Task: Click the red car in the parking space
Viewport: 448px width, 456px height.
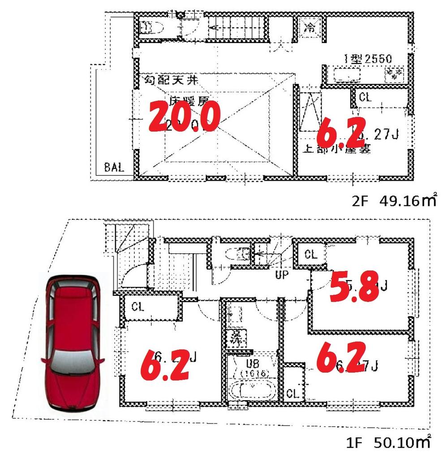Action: pos(73,345)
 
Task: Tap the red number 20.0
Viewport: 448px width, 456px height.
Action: pos(184,116)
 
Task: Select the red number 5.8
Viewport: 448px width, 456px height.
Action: pos(352,286)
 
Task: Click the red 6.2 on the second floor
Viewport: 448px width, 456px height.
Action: pos(341,131)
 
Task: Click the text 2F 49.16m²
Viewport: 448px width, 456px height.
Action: pos(393,201)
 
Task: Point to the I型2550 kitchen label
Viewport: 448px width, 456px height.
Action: pos(368,58)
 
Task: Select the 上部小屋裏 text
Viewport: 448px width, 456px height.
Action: pos(337,149)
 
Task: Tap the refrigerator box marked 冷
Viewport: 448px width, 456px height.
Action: pos(310,27)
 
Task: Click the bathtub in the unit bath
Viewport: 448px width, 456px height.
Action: pos(253,391)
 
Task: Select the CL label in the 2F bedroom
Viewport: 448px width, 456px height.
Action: pos(365,98)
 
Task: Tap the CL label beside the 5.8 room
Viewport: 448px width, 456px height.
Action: pos(310,255)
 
